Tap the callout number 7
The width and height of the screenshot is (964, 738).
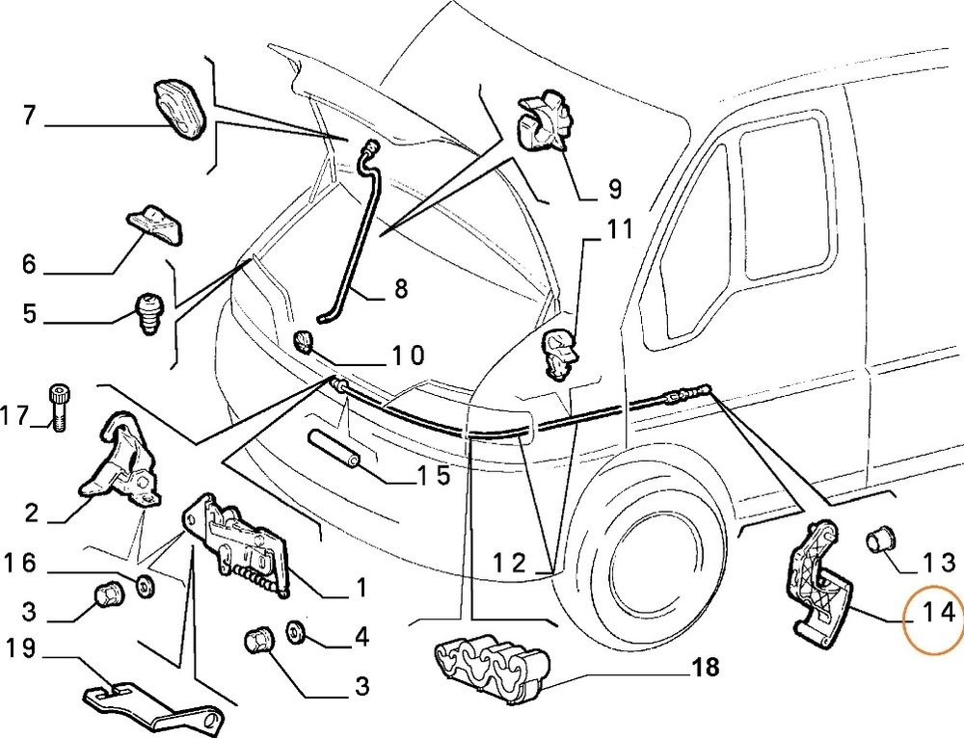29,118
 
